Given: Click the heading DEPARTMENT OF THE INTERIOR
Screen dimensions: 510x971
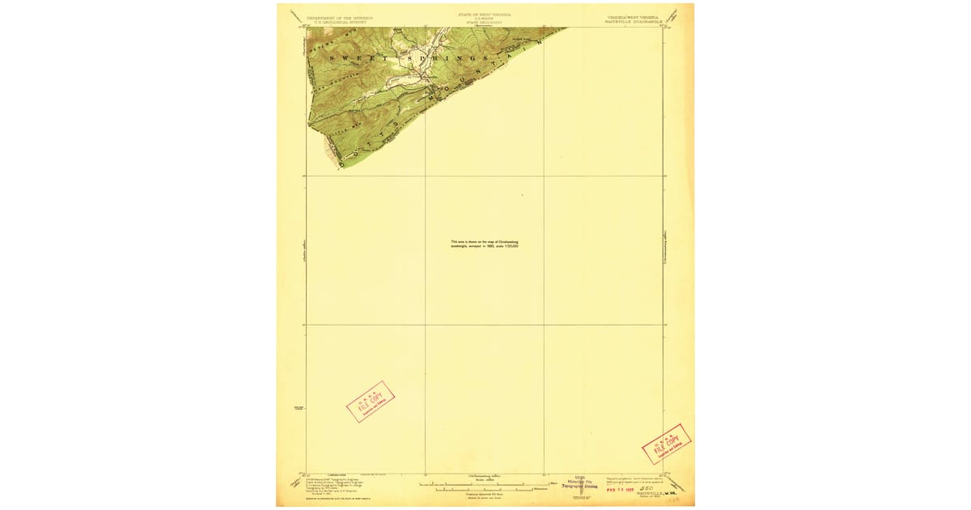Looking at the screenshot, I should click(341, 16).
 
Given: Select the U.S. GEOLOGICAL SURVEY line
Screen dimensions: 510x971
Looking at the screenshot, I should click(341, 21).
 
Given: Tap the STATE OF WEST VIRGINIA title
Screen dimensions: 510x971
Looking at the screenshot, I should click(485, 15).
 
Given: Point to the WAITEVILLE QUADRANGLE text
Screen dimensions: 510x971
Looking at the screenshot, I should click(632, 21).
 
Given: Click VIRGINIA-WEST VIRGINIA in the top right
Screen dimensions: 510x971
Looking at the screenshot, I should click(632, 16).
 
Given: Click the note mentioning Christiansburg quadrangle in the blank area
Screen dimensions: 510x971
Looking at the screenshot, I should click(485, 244).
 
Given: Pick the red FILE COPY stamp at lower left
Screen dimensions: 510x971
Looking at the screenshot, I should click(371, 402).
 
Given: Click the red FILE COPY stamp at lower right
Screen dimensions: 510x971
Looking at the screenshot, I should click(666, 444).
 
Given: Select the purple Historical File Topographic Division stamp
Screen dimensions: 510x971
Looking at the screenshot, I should click(579, 483).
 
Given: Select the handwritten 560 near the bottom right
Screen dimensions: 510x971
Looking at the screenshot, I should click(646, 488).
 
